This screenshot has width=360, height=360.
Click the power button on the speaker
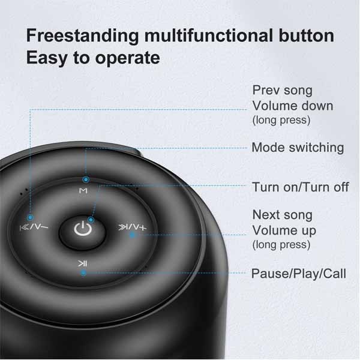[x=82, y=232]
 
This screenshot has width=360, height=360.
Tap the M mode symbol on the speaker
[x=83, y=191]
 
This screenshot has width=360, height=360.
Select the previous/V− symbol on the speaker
[x=34, y=227]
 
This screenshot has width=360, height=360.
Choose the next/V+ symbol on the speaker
[x=132, y=227]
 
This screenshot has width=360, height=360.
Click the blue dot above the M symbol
[x=86, y=179]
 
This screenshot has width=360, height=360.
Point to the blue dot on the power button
[x=91, y=220]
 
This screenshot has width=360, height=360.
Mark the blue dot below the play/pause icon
[x=84, y=273]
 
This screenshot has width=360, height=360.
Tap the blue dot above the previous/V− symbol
[x=31, y=217]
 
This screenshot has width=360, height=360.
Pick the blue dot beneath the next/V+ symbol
[x=132, y=235]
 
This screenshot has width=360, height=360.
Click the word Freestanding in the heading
[x=82, y=36]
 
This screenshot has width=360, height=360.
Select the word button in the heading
[x=307, y=35]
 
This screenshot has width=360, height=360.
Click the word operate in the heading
[x=127, y=58]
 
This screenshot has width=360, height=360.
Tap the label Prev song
[x=282, y=91]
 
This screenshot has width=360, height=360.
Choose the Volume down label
[x=293, y=106]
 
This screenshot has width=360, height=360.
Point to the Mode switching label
[x=298, y=148]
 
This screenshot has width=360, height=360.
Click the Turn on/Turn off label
[x=301, y=187]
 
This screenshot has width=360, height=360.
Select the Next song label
[x=283, y=215]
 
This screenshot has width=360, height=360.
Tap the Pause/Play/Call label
[x=298, y=274]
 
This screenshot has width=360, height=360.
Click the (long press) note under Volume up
[x=281, y=245]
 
